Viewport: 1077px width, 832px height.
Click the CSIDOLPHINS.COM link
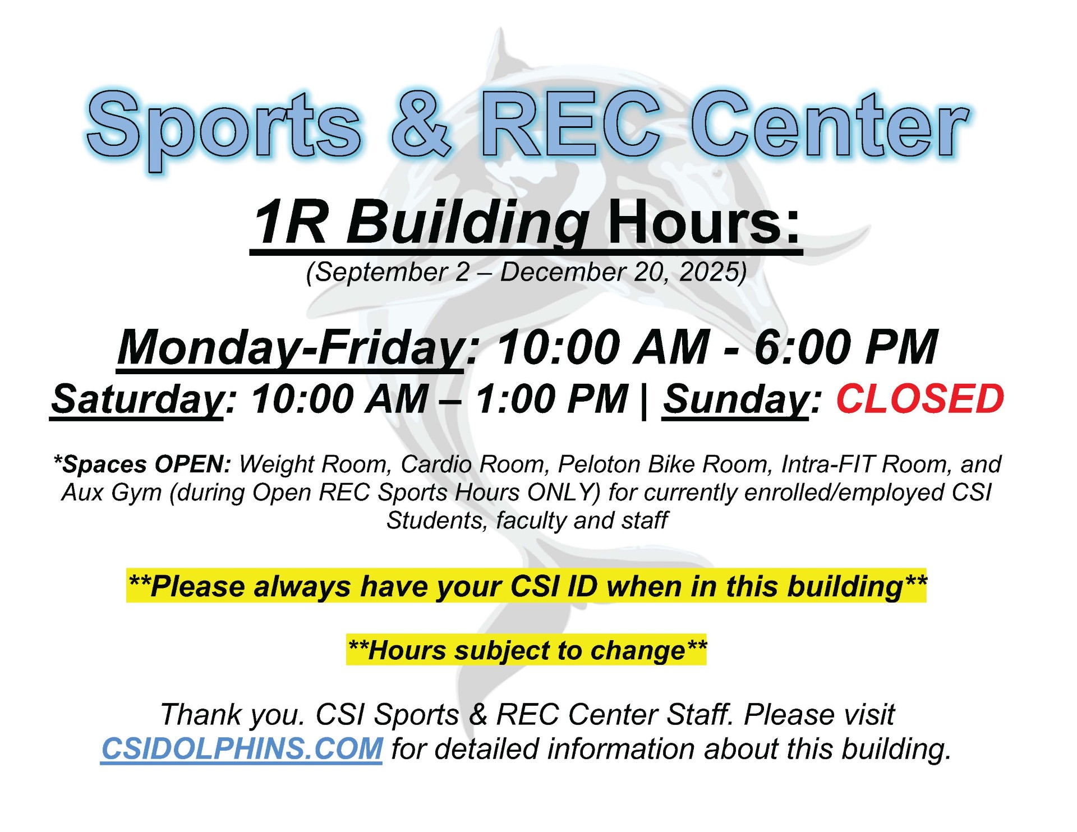[242, 749]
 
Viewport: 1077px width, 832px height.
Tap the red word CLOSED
[920, 399]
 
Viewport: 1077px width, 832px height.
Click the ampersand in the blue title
[421, 124]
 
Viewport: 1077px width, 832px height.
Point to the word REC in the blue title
[569, 124]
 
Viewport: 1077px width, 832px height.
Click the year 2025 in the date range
[709, 272]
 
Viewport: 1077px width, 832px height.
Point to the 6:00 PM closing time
[846, 347]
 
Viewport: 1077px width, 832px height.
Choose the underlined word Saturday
[137, 400]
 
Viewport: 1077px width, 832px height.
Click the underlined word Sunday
[735, 400]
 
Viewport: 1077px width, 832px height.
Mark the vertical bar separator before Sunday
[645, 401]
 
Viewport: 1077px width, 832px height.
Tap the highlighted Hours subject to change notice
[527, 650]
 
